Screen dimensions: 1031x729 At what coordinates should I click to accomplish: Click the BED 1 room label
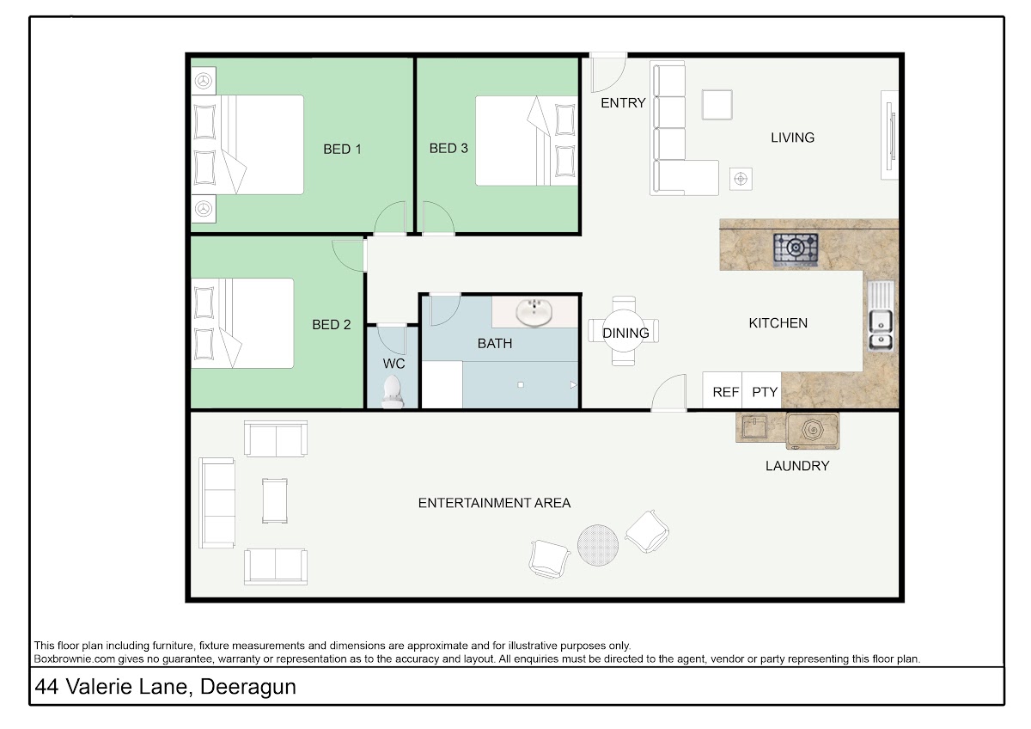pyautogui.click(x=342, y=150)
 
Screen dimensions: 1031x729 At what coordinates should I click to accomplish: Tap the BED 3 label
pyautogui.click(x=448, y=148)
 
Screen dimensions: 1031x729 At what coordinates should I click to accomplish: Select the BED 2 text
pyautogui.click(x=332, y=325)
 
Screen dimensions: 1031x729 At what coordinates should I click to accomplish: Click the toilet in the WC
pyautogui.click(x=393, y=391)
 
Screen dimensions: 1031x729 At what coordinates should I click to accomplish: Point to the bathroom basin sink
pyautogui.click(x=534, y=312)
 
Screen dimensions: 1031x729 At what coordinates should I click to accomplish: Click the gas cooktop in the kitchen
pyautogui.click(x=796, y=249)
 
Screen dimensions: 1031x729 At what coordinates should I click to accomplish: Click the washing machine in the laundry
pyautogui.click(x=813, y=431)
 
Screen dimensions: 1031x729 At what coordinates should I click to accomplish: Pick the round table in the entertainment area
pyautogui.click(x=598, y=545)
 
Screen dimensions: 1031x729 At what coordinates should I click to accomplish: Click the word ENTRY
pyautogui.click(x=623, y=103)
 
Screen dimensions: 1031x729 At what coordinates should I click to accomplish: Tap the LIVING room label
pyautogui.click(x=792, y=138)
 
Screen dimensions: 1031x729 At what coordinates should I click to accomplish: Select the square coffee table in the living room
pyautogui.click(x=717, y=105)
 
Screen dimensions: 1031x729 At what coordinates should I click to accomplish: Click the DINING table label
pyautogui.click(x=625, y=333)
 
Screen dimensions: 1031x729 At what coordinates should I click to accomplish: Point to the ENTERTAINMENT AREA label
pyautogui.click(x=494, y=503)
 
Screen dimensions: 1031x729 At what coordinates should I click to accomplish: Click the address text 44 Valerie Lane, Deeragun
pyautogui.click(x=165, y=687)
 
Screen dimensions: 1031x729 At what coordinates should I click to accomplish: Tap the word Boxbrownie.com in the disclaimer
pyautogui.click(x=75, y=659)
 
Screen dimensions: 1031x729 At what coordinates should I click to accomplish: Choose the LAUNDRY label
pyautogui.click(x=797, y=466)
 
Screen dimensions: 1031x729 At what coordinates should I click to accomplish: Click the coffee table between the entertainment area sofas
pyautogui.click(x=275, y=500)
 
